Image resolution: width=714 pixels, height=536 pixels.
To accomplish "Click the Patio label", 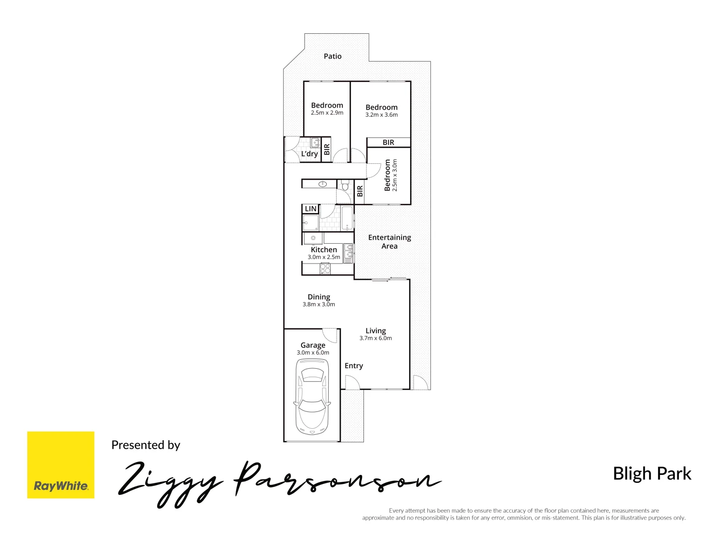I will point(332,56).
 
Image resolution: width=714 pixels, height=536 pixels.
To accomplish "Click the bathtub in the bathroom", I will point(347,218).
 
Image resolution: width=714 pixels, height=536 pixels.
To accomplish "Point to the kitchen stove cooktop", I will point(325,268).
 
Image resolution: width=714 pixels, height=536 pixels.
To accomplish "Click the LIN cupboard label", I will point(310,209).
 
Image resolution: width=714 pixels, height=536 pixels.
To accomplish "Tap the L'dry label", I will point(309,154).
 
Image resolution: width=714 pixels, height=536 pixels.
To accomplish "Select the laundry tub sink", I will point(315,143).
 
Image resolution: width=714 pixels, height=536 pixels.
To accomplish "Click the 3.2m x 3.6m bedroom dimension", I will point(381,115).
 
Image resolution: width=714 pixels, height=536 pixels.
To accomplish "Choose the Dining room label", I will point(318,297).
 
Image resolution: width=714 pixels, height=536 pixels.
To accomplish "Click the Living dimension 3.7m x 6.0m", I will point(375,338).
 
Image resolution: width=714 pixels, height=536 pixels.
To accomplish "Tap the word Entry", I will point(354,366).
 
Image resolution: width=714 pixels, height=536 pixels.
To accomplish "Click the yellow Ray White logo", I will point(60,465).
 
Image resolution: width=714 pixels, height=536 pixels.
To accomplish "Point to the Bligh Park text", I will point(652,473).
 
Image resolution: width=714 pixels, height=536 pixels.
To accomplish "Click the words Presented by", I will point(146,445).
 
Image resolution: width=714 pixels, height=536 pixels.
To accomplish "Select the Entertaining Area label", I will point(389,242).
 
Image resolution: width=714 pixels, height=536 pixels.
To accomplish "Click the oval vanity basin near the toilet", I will point(323,184).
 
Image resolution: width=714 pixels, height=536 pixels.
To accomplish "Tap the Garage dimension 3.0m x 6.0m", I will point(313,353).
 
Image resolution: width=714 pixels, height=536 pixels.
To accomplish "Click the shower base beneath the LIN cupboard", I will point(310,222).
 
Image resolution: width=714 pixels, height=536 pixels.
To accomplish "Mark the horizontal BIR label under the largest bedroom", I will point(388,142).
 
